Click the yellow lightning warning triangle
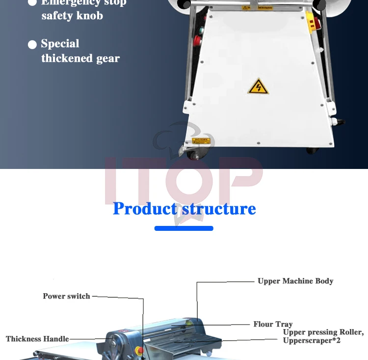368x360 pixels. click(258, 87)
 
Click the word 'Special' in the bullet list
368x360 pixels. click(60, 44)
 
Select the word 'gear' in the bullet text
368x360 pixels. click(107, 58)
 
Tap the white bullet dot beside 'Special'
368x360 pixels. click(32, 45)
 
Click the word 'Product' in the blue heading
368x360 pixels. click(144, 209)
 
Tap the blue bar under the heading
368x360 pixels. click(184, 228)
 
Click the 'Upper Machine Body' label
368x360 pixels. click(295, 281)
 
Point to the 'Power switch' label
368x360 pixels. click(66, 296)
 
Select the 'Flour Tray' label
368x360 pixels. click(273, 324)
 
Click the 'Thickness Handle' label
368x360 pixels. click(37, 339)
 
